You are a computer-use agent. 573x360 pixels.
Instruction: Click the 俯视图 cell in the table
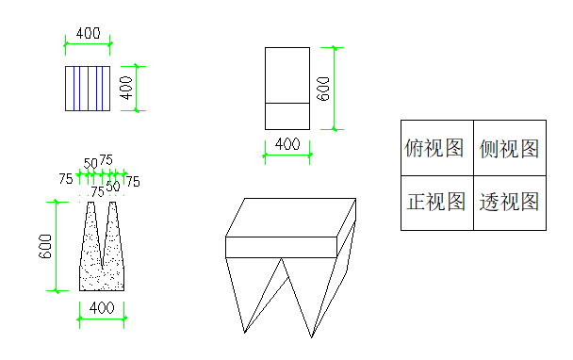point(437,148)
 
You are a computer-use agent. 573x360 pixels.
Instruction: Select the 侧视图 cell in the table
point(510,148)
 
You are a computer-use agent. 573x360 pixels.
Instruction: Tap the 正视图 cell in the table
point(437,203)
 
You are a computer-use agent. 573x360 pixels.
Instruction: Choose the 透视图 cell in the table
point(510,203)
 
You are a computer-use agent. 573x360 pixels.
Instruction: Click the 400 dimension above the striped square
point(88,34)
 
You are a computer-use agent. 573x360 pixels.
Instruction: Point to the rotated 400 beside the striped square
point(126,88)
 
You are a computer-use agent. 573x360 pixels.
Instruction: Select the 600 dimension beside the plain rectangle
point(323,89)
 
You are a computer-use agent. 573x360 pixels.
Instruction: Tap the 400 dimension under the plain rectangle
point(287,144)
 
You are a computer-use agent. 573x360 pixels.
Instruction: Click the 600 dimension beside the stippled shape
point(45,246)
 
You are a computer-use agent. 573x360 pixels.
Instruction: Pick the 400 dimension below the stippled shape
point(102,308)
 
